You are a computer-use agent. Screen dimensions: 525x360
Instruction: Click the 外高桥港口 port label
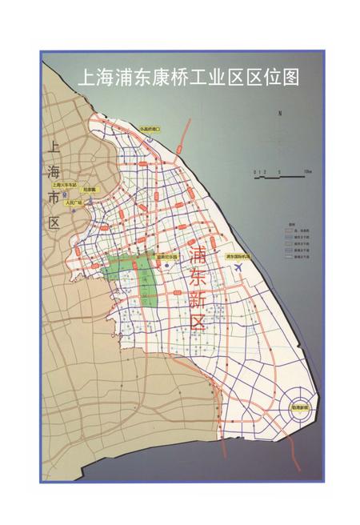coord(150,128)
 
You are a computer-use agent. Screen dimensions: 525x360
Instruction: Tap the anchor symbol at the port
coord(145,138)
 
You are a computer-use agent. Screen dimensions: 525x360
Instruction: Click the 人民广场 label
coord(75,202)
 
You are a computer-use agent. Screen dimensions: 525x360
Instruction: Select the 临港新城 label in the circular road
coord(302,407)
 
